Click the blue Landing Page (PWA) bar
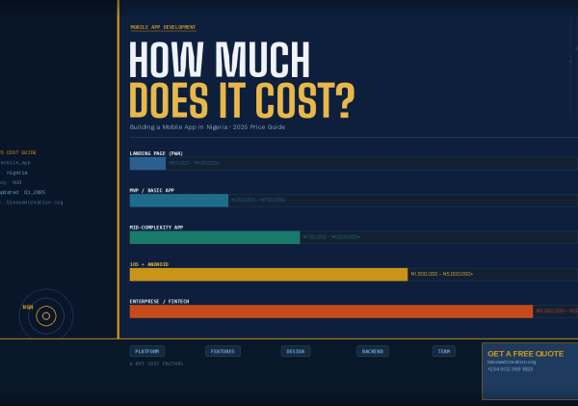click(147, 164)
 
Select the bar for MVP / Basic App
click(178, 201)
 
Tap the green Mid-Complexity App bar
click(215, 237)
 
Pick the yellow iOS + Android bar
click(268, 274)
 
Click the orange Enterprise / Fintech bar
click(330, 311)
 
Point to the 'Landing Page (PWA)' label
click(156, 153)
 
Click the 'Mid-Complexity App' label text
click(156, 227)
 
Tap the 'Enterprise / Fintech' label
click(160, 301)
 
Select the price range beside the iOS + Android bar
click(441, 274)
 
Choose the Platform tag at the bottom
click(147, 351)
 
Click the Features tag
click(223, 351)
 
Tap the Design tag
click(296, 351)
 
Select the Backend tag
click(372, 351)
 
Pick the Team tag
click(443, 351)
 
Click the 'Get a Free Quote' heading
click(525, 353)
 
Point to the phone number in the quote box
click(510, 368)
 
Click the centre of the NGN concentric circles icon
click(46, 315)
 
